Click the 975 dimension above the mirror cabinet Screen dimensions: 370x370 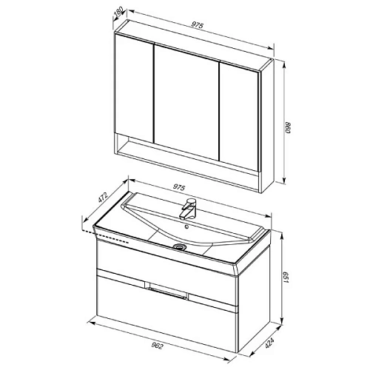pyautogui.click(x=197, y=24)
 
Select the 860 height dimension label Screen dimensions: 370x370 pyautogui.click(x=289, y=127)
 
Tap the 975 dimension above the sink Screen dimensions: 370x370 pyautogui.click(x=178, y=187)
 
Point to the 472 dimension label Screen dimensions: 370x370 pyautogui.click(x=104, y=198)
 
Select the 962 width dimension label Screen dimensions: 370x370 pyautogui.click(x=157, y=346)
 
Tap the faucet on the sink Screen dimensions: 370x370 pyautogui.click(x=188, y=209)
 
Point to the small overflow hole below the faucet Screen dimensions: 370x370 pyautogui.click(x=186, y=226)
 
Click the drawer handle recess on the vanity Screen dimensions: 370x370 pyautogui.click(x=166, y=293)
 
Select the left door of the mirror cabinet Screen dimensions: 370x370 pyautogui.click(x=135, y=89)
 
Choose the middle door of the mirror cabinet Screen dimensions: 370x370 pyautogui.click(x=186, y=101)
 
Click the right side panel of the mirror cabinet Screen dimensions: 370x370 pyautogui.click(x=267, y=126)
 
